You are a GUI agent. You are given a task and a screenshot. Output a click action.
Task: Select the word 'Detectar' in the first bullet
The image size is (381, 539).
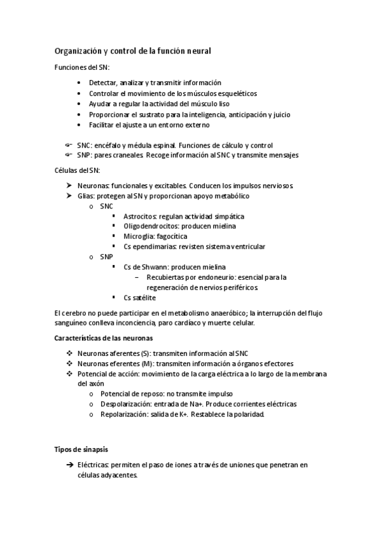[102, 83]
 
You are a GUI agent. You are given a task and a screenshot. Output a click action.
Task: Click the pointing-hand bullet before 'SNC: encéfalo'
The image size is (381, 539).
[67, 145]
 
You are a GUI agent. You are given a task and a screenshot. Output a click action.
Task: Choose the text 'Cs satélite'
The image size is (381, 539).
[139, 297]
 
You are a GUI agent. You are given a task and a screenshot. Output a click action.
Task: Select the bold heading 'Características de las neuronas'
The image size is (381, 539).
[104, 338]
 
